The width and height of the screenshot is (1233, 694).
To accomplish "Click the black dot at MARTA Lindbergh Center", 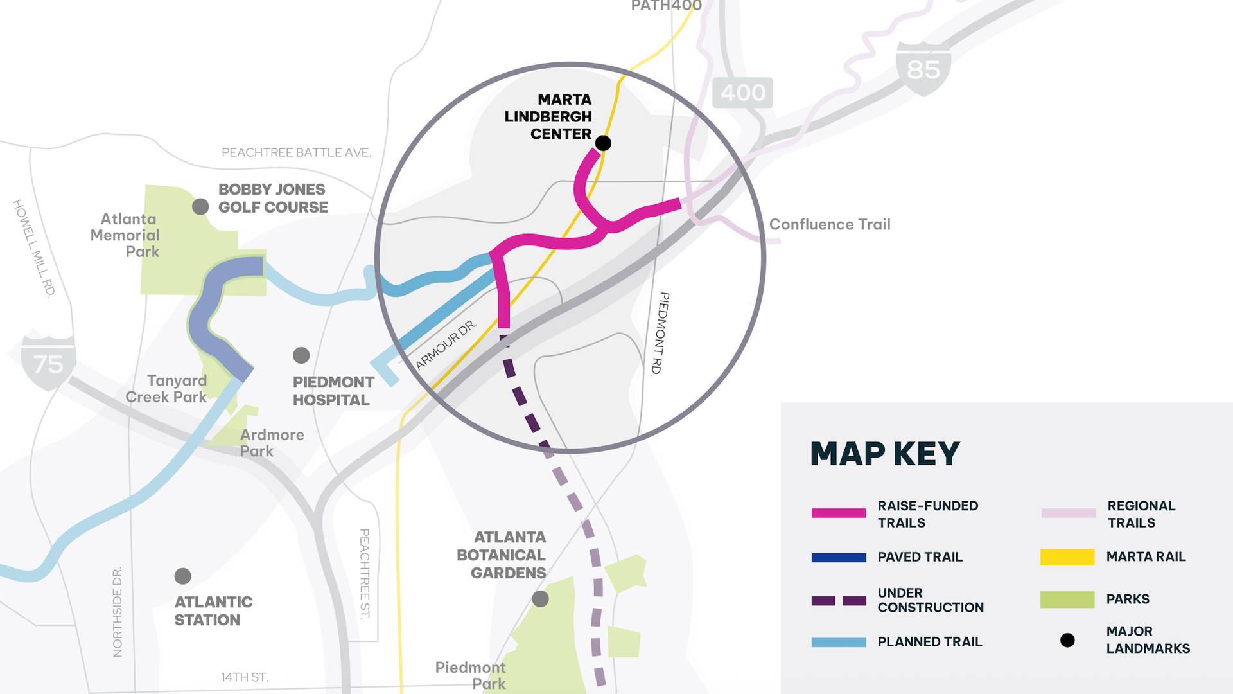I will click(x=603, y=143).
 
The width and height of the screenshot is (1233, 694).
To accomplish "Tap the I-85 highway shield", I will click(x=923, y=69).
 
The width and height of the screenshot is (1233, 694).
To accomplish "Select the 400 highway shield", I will click(x=743, y=93).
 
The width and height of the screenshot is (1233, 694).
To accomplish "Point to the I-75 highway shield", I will click(x=48, y=363).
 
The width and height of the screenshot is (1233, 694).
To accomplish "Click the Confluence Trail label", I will click(x=830, y=224).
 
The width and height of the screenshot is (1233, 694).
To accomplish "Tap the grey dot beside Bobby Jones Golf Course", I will click(x=200, y=206).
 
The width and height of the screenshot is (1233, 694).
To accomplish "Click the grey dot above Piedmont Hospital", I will click(x=301, y=355).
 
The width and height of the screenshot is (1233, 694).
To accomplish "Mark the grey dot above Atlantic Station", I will click(x=183, y=576).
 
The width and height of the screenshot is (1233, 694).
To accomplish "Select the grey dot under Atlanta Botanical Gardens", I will click(x=541, y=599).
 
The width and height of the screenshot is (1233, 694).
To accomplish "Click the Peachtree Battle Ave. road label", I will click(x=296, y=152).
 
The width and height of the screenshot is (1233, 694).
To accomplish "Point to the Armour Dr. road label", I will click(x=446, y=345).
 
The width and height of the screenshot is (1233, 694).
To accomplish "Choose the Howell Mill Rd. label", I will click(x=33, y=248).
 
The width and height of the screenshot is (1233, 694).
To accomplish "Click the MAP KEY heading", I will click(x=884, y=454).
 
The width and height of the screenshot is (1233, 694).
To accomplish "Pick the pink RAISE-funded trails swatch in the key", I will click(x=838, y=513).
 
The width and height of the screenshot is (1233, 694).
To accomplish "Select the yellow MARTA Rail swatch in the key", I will click(x=1067, y=556).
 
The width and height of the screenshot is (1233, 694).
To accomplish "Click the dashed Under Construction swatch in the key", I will click(x=838, y=601).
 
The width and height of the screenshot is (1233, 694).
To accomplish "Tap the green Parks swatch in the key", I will click(x=1067, y=599).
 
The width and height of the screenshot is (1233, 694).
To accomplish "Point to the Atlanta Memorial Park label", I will click(x=125, y=235).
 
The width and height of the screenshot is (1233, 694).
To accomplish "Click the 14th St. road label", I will click(x=245, y=677).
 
